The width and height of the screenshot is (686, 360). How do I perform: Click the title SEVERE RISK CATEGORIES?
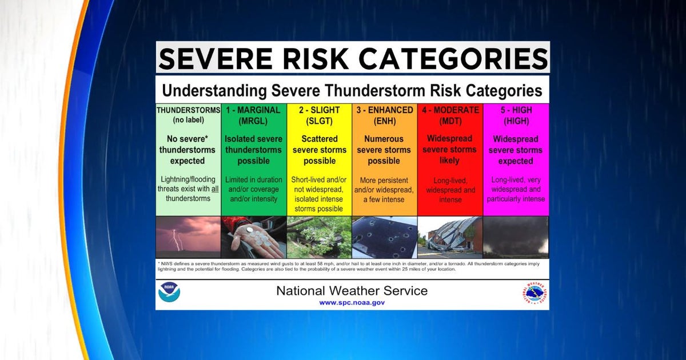(x=352, y=58)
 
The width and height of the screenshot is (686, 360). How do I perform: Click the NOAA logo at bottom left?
(x=169, y=293)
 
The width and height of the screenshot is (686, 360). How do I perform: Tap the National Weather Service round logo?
(x=534, y=293)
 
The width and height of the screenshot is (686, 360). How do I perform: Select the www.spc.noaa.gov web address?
(x=352, y=302)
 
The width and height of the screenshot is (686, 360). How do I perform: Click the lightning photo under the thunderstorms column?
(x=188, y=237)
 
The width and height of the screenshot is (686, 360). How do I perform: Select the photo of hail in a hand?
(x=253, y=237)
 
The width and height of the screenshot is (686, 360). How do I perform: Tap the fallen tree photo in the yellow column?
(x=320, y=237)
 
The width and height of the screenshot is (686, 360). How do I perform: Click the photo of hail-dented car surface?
(x=384, y=237)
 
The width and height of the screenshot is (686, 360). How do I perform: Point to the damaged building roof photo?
(x=450, y=237)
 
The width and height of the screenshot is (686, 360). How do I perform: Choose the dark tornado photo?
(x=516, y=237)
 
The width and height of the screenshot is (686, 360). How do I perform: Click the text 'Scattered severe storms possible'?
(x=320, y=150)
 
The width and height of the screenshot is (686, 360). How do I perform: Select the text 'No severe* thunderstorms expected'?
(x=188, y=150)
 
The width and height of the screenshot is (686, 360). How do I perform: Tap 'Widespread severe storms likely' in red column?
(x=450, y=150)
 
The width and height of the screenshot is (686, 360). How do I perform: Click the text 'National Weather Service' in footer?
(x=352, y=290)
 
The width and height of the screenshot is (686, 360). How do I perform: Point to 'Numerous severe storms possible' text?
(x=384, y=150)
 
